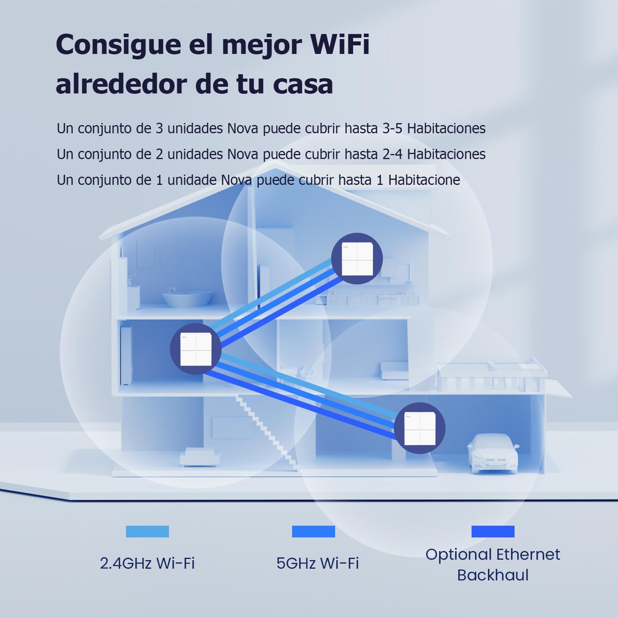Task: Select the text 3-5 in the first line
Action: click(x=393, y=128)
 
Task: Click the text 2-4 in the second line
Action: click(x=393, y=154)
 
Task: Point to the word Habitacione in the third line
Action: click(x=424, y=180)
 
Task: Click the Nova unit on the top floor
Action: click(x=357, y=258)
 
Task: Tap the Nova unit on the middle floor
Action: click(x=196, y=349)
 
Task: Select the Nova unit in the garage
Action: click(x=420, y=428)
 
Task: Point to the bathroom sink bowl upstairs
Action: click(x=187, y=299)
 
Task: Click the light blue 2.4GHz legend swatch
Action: click(x=147, y=531)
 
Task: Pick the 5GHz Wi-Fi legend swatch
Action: click(x=313, y=531)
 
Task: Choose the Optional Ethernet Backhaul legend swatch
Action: click(x=493, y=531)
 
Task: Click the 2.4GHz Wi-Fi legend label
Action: click(x=147, y=564)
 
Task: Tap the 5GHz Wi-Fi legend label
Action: click(x=317, y=564)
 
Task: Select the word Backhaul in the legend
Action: click(x=493, y=575)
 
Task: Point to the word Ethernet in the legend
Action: click(x=528, y=555)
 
